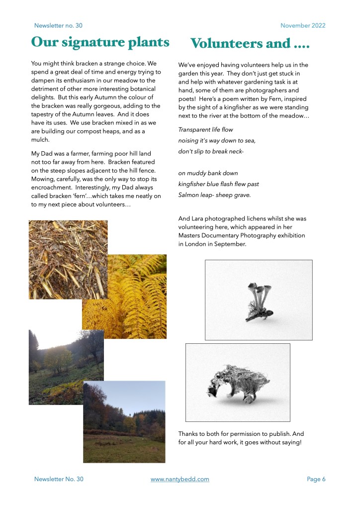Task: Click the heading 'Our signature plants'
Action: point(100,42)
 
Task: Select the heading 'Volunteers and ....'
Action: point(250,43)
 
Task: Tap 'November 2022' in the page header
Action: point(303,25)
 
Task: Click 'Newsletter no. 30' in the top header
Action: point(58,25)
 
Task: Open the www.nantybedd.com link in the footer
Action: point(180,479)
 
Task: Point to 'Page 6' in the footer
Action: point(316,479)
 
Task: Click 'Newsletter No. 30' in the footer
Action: point(59,479)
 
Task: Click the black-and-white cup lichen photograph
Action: point(259,300)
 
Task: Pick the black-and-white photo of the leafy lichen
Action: point(238,382)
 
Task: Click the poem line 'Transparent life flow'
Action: point(205,130)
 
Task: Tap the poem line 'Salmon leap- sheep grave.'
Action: point(214,195)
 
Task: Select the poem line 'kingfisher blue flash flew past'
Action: point(218,184)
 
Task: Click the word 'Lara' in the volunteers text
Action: point(198,218)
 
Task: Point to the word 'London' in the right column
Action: point(199,244)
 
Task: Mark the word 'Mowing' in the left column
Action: point(43,178)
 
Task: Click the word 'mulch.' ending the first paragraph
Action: point(40,140)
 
